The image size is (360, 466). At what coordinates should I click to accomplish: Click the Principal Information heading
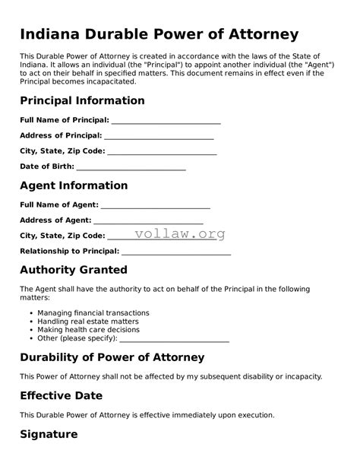click(x=82, y=100)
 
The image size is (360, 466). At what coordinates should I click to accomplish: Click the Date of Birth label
click(x=47, y=166)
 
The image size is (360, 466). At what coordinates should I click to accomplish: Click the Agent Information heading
click(x=74, y=185)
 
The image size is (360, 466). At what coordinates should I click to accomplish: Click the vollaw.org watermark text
click(x=180, y=234)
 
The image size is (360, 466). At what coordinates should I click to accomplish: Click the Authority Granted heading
click(x=74, y=270)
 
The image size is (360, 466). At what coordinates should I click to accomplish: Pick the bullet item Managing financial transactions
click(x=93, y=312)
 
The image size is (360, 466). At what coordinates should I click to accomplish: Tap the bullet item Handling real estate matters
click(x=87, y=321)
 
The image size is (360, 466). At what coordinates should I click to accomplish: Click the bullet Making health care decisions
click(x=87, y=329)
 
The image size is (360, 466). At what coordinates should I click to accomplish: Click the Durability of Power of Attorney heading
click(x=112, y=357)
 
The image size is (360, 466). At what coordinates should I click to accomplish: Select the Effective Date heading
click(x=61, y=396)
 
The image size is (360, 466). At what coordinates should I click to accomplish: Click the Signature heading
click(x=49, y=434)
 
